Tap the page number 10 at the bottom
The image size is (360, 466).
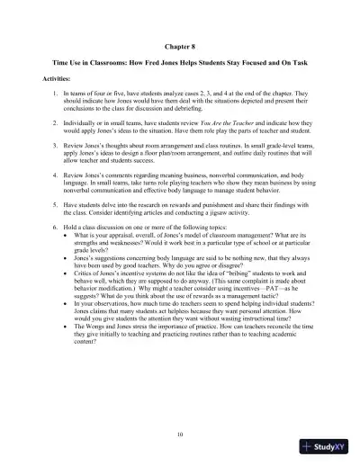[180, 434]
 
